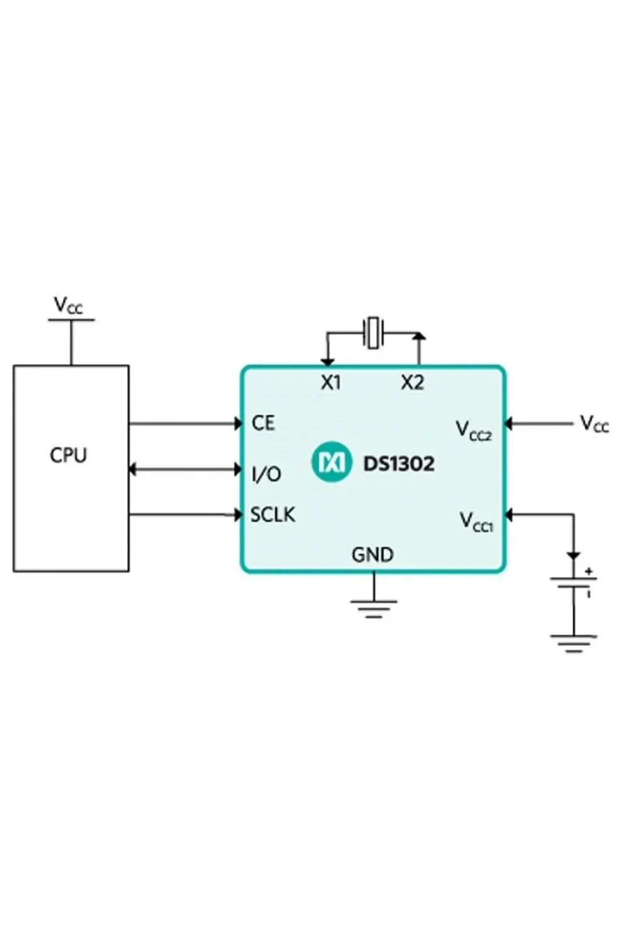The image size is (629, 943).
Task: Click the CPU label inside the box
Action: [69, 456]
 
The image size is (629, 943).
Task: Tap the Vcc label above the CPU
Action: [69, 306]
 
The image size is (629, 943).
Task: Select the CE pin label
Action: [264, 423]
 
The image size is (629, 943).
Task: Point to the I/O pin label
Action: [266, 475]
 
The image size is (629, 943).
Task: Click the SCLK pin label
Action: [273, 515]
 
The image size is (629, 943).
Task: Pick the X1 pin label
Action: [331, 383]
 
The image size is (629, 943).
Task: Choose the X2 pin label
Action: [413, 383]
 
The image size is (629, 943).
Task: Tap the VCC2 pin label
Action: [474, 431]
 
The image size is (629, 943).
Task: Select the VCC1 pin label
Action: [476, 522]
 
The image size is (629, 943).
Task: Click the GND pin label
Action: [373, 555]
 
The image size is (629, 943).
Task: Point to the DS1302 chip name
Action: [399, 464]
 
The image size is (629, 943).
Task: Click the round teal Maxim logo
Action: [332, 462]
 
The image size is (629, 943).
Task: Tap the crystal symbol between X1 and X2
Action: [373, 333]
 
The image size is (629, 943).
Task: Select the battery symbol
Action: [574, 582]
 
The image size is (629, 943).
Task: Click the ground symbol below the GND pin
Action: [373, 609]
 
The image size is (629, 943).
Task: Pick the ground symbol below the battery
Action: [574, 644]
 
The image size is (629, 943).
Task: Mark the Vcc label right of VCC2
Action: [594, 424]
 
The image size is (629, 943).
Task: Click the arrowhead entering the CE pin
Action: [238, 424]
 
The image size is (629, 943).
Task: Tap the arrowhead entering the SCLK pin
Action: [238, 514]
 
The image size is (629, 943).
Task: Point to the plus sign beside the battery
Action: [589, 571]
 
